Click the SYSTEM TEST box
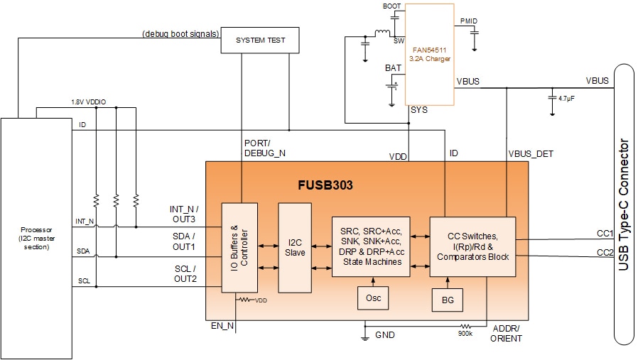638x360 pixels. (x=260, y=40)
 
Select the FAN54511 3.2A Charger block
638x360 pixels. (x=429, y=54)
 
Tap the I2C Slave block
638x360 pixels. (x=295, y=247)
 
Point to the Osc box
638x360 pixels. (x=373, y=298)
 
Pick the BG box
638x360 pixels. (x=448, y=300)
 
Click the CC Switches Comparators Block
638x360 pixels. (x=472, y=246)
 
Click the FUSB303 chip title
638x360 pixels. (x=325, y=186)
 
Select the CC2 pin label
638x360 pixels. (x=605, y=252)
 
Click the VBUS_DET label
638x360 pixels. (x=531, y=153)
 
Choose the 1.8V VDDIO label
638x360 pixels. (x=88, y=102)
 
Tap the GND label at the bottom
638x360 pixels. (x=384, y=334)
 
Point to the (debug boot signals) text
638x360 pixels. (x=180, y=33)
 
